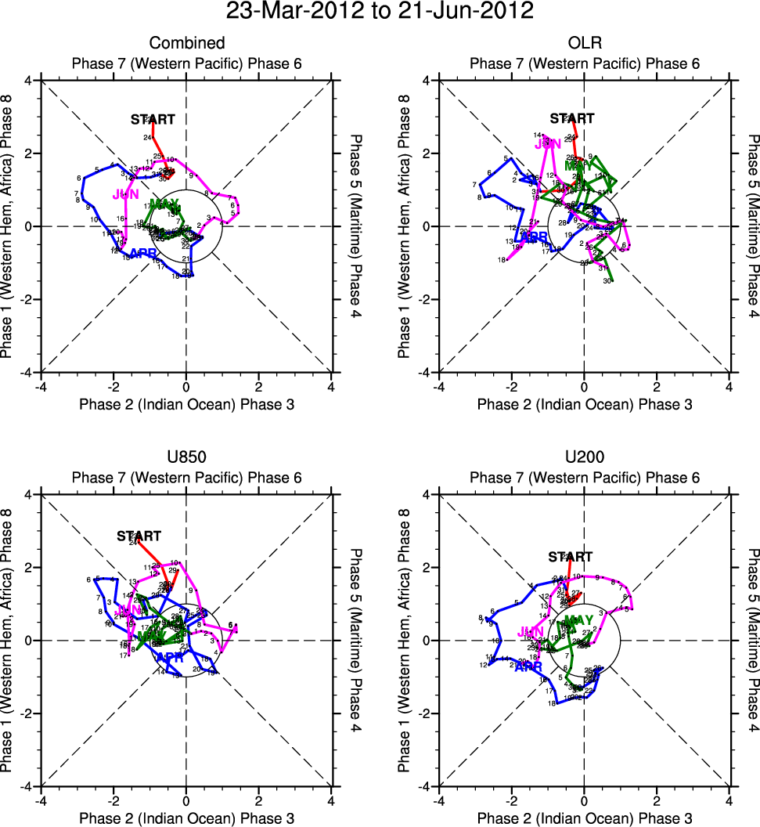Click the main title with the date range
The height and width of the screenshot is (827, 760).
click(x=380, y=13)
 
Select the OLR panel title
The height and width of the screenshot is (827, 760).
click(x=584, y=43)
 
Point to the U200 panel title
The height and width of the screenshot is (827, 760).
click(x=584, y=457)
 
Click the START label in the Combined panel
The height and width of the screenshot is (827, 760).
click(x=153, y=119)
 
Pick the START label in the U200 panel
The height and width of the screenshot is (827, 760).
click(x=571, y=557)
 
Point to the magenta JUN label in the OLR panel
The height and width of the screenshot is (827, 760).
click(x=548, y=144)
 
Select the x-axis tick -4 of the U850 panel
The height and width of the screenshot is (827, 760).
click(x=41, y=801)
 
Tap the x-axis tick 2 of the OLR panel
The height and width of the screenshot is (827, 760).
click(x=657, y=387)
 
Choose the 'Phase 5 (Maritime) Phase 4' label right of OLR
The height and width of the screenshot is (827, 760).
click(x=753, y=226)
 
